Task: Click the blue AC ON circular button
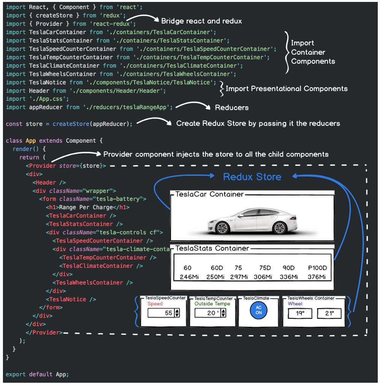tap(259, 310)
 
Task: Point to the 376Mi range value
tap(317, 277)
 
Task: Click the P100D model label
tap(317, 268)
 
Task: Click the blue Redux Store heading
tap(252, 177)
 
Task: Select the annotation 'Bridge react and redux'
tap(201, 21)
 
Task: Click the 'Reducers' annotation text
tap(232, 108)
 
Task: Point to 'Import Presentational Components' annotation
tap(287, 89)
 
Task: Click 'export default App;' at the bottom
tap(37, 374)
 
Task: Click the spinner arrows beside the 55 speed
tap(177, 313)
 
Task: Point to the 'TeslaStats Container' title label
tap(212, 248)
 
